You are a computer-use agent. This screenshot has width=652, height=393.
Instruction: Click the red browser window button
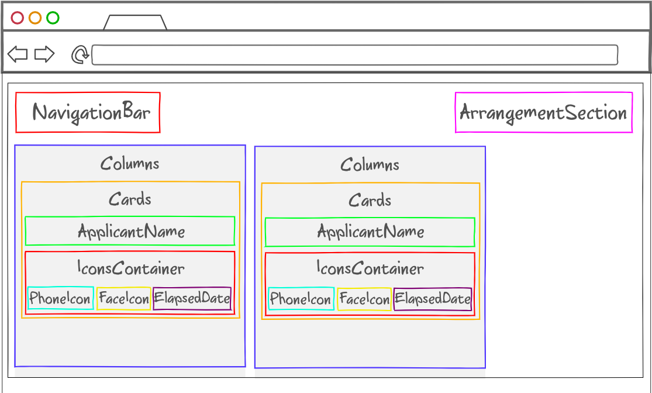point(18,18)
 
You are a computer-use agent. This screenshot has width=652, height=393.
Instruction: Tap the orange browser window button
point(35,18)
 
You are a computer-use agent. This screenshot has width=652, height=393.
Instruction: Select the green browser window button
point(53,18)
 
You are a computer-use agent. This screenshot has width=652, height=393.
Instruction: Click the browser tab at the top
point(135,23)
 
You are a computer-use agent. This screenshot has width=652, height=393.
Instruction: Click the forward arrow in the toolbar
point(44,54)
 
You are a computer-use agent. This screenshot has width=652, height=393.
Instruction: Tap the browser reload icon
point(80,55)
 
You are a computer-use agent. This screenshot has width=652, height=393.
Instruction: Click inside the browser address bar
point(354,55)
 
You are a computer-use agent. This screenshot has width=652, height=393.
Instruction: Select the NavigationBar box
point(88,112)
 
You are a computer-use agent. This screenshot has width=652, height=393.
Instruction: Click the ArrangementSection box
point(543,112)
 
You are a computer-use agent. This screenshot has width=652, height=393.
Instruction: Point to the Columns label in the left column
point(130,163)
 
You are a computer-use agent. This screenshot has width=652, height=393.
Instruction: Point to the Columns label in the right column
point(370,164)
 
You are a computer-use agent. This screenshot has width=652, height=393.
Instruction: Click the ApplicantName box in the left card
point(130,231)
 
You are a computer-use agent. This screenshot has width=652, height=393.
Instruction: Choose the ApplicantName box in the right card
point(370,232)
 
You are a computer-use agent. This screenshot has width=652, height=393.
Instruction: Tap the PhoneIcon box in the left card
point(60,298)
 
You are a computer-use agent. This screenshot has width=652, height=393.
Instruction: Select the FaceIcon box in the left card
point(123,299)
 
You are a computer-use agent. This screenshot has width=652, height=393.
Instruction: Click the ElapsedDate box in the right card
point(433,299)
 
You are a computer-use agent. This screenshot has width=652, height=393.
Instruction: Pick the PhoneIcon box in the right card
point(301,299)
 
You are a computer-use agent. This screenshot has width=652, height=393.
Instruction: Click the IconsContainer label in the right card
point(370,268)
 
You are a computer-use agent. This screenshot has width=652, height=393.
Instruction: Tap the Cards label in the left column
point(130,199)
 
